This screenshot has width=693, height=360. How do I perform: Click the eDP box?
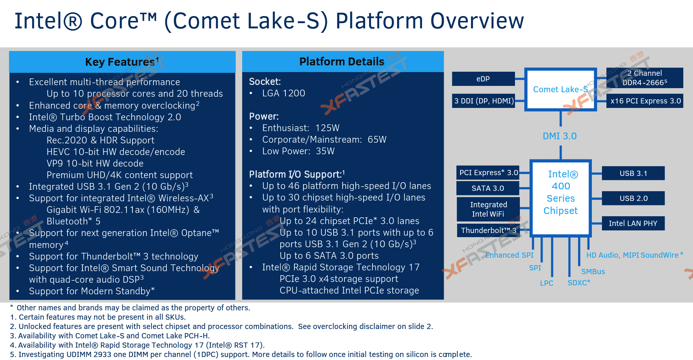pyautogui.click(x=483, y=79)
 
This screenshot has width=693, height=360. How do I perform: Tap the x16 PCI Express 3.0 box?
pyautogui.click(x=645, y=101)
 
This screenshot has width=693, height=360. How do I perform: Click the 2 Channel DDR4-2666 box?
pyautogui.click(x=644, y=78)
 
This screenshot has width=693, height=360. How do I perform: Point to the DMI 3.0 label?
pyautogui.click(x=559, y=136)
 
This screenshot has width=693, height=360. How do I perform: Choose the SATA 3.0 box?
pyautogui.click(x=487, y=188)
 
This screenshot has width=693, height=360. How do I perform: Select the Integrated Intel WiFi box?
pyautogui.click(x=488, y=209)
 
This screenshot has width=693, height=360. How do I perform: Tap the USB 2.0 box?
pyautogui.click(x=633, y=198)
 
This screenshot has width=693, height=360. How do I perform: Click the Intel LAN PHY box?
pyautogui.click(x=633, y=223)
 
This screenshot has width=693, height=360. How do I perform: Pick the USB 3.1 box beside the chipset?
pyautogui.click(x=633, y=173)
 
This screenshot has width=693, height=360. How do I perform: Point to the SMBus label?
pyautogui.click(x=593, y=271)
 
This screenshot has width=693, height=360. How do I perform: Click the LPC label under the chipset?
pyautogui.click(x=546, y=283)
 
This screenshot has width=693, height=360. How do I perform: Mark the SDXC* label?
pyautogui.click(x=579, y=283)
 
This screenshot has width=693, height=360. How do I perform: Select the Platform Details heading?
pyautogui.click(x=342, y=62)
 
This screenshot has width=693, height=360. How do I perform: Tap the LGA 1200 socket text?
pyautogui.click(x=283, y=93)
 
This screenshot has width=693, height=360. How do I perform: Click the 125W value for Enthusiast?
pyautogui.click(x=327, y=128)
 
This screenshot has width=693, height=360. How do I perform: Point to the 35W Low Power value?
pyautogui.click(x=325, y=151)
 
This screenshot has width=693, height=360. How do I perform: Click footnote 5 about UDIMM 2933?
pyautogui.click(x=241, y=354)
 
